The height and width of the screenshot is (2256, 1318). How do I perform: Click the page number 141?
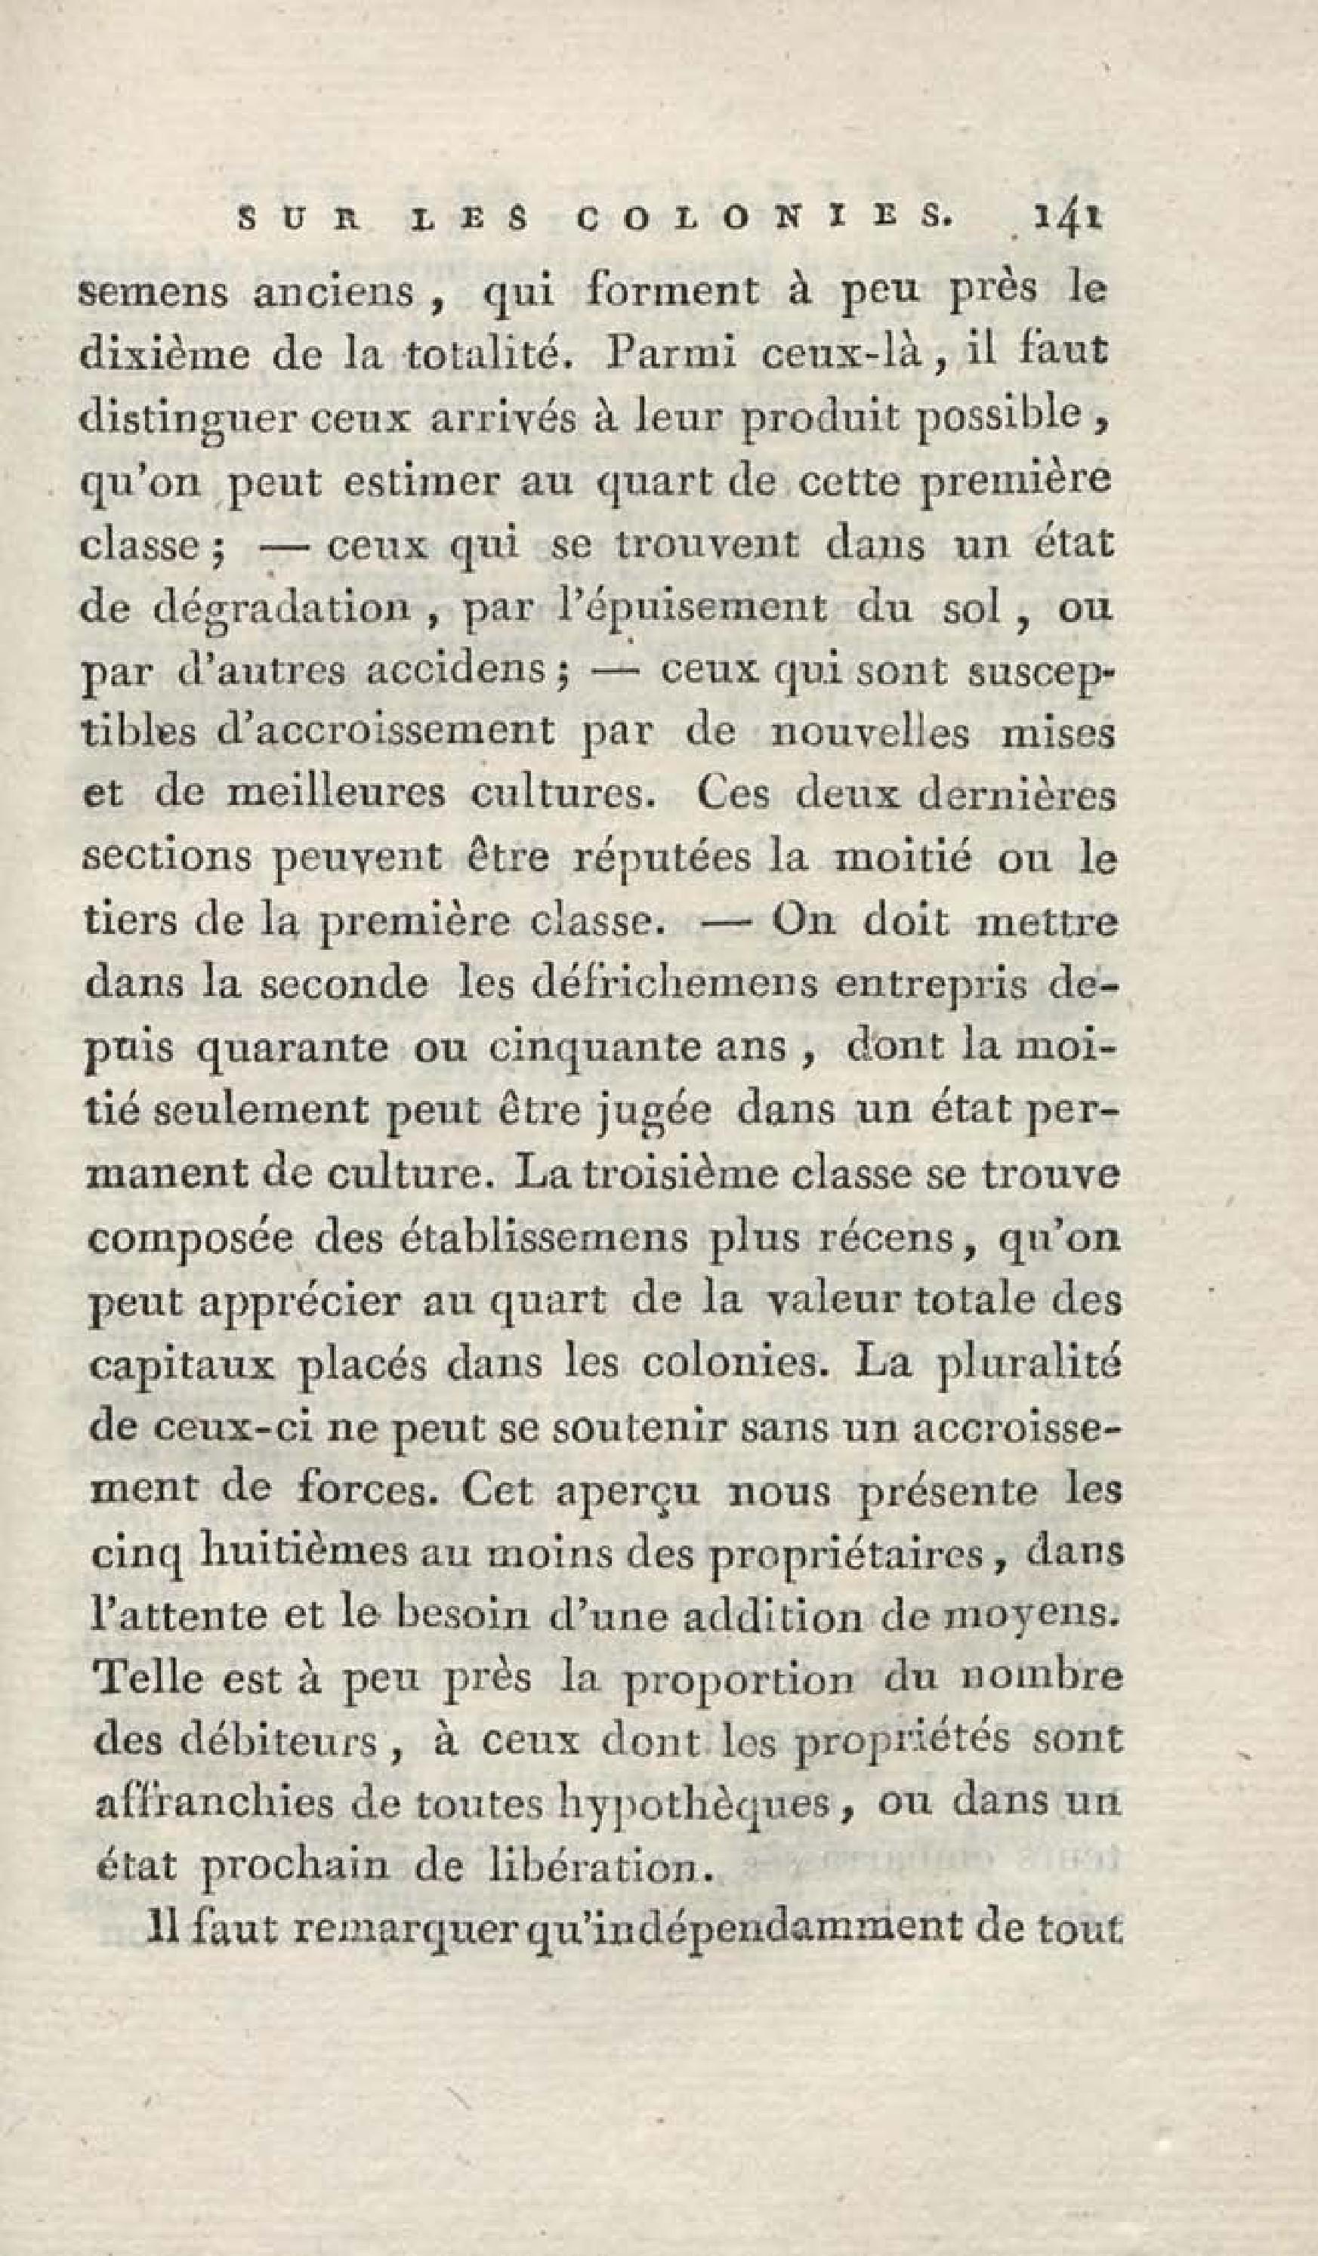[1066, 217]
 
